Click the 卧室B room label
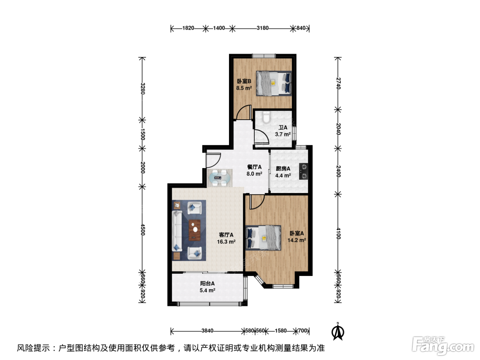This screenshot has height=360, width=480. tap(244, 81)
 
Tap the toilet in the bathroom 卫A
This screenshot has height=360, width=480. tap(266, 117)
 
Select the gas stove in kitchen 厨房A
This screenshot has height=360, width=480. tap(303, 171)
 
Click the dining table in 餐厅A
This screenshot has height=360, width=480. tap(219, 178)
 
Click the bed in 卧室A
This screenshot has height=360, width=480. tap(263, 238)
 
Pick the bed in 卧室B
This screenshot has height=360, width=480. tap(274, 83)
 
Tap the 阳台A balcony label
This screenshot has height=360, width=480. tap(207, 284)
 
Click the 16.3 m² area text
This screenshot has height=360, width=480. tap(226, 242)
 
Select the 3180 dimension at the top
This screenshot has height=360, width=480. tap(262, 28)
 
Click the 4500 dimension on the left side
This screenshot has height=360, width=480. tap(143, 229)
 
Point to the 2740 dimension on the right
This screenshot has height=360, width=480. tap(338, 83)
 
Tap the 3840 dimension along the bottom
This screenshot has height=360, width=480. tap(207, 331)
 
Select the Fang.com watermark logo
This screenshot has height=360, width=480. tap(443, 346)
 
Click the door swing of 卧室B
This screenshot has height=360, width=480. tap(243, 112)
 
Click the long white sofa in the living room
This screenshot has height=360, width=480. tap(177, 231)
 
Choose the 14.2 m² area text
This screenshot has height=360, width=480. tap(297, 240)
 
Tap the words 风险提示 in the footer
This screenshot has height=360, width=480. tap(33, 348)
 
